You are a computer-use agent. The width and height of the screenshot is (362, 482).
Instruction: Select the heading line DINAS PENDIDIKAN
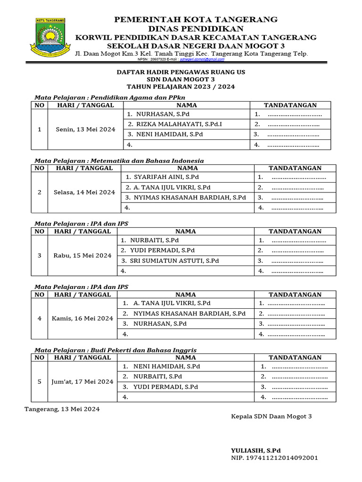pos(197,28)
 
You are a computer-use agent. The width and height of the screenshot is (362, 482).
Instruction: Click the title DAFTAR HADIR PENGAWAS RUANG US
pos(181,72)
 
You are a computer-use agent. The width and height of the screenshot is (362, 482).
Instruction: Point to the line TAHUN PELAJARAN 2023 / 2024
pos(181,87)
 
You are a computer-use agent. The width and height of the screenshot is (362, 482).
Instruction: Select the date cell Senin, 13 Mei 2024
pos(85,129)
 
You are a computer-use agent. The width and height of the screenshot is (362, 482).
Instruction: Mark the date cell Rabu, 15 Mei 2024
pos(82,256)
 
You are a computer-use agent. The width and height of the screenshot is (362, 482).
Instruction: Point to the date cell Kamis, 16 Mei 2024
pos(82,319)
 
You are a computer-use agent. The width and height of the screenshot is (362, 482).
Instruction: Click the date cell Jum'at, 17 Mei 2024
pos(82,382)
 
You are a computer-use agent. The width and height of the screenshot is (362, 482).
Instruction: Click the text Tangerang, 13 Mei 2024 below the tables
pos(62,409)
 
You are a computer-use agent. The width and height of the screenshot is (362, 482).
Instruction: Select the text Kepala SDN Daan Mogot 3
pos(271,417)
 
